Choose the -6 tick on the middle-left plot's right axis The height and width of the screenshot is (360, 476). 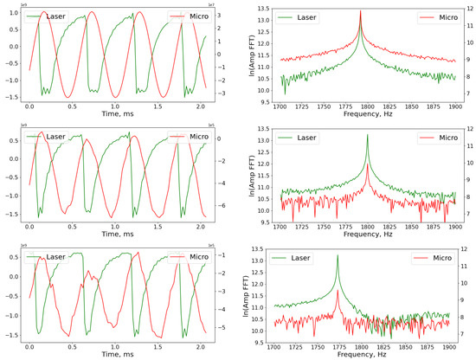[x=223, y=206]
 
